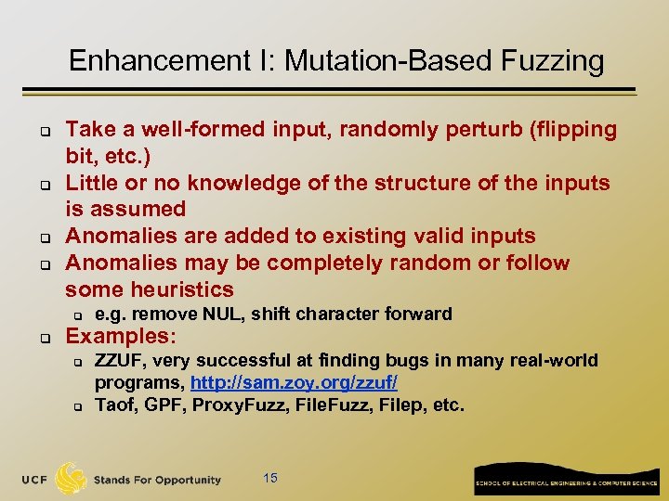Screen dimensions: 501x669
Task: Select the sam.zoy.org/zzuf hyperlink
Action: pyautogui.click(x=295, y=383)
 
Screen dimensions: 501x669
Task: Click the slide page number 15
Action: pyautogui.click(x=270, y=478)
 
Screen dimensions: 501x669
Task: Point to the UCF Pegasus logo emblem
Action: pyautogui.click(x=71, y=479)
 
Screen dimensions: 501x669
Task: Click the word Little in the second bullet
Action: pyautogui.click(x=93, y=183)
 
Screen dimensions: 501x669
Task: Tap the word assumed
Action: pyautogui.click(x=138, y=209)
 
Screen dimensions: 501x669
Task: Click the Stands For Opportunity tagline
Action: pyautogui.click(x=158, y=480)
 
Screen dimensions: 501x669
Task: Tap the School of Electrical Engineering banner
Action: pyautogui.click(x=567, y=478)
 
